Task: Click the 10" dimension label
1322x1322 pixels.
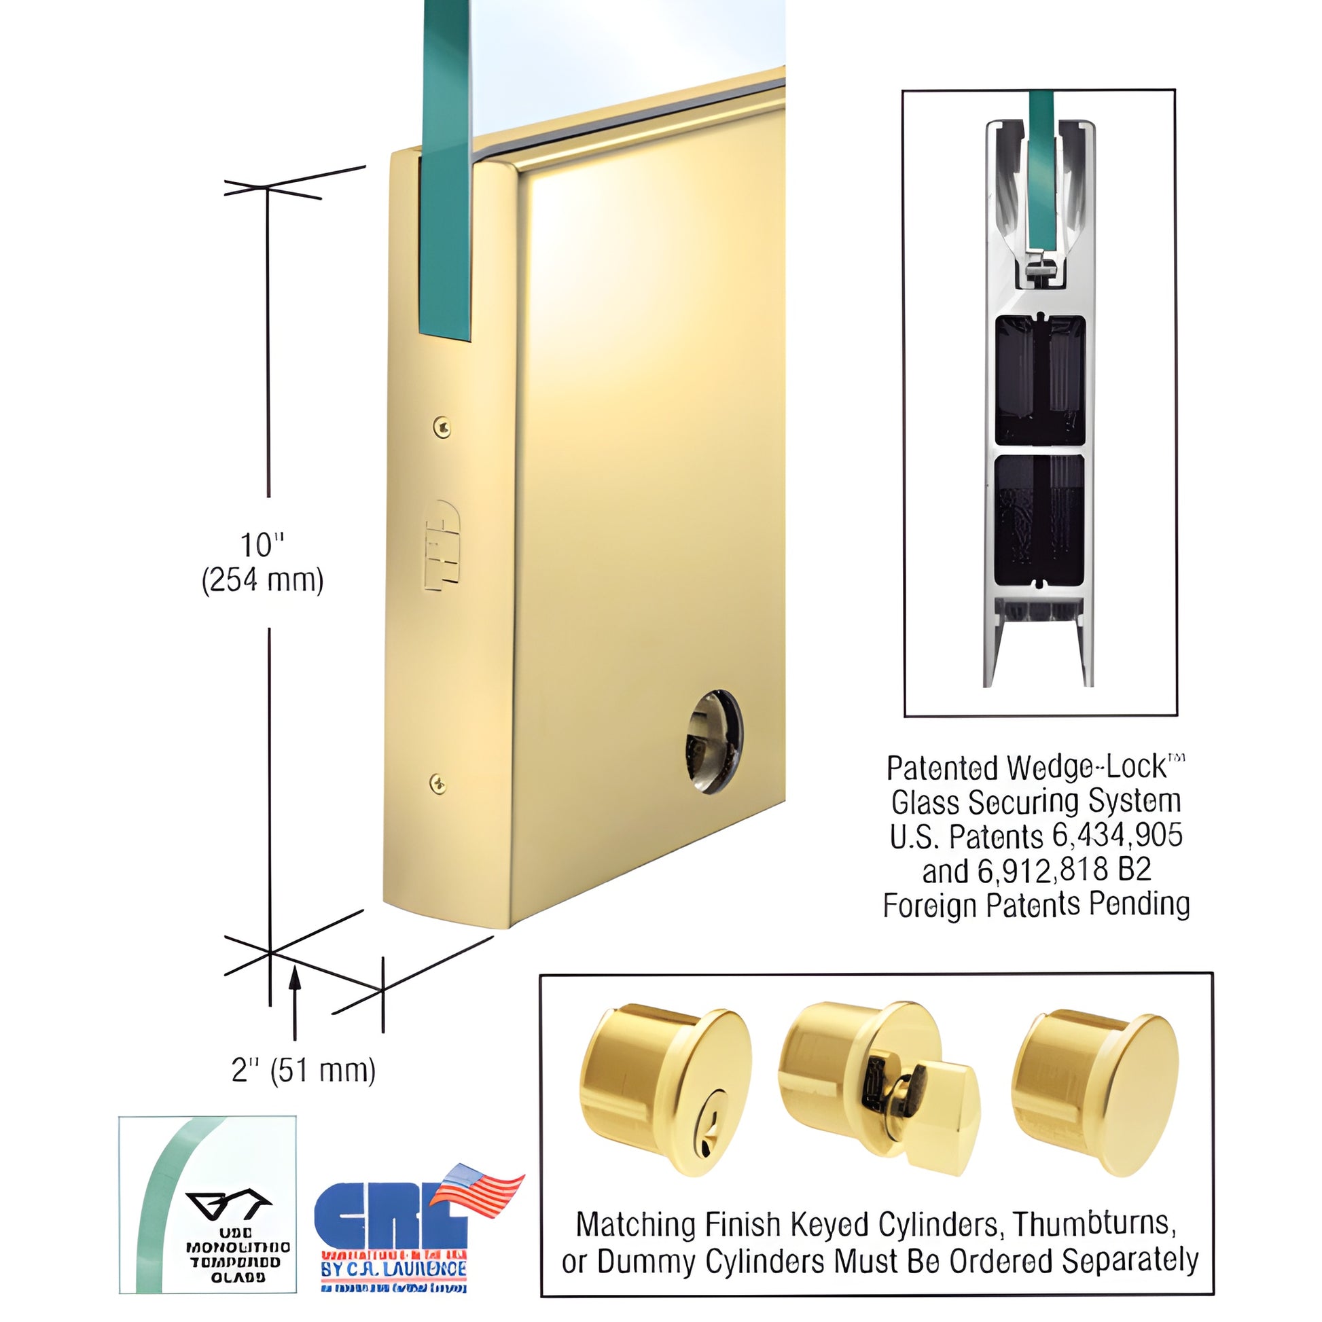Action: (262, 546)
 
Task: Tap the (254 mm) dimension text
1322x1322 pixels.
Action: (262, 581)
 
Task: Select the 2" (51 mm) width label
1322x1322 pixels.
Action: (304, 1070)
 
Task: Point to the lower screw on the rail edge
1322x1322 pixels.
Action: (438, 783)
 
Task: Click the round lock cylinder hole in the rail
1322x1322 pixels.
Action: (714, 741)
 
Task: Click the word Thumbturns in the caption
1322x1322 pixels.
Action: (1094, 1224)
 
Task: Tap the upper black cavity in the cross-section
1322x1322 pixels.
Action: (1039, 380)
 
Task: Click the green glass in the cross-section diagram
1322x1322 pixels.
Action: (1040, 178)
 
